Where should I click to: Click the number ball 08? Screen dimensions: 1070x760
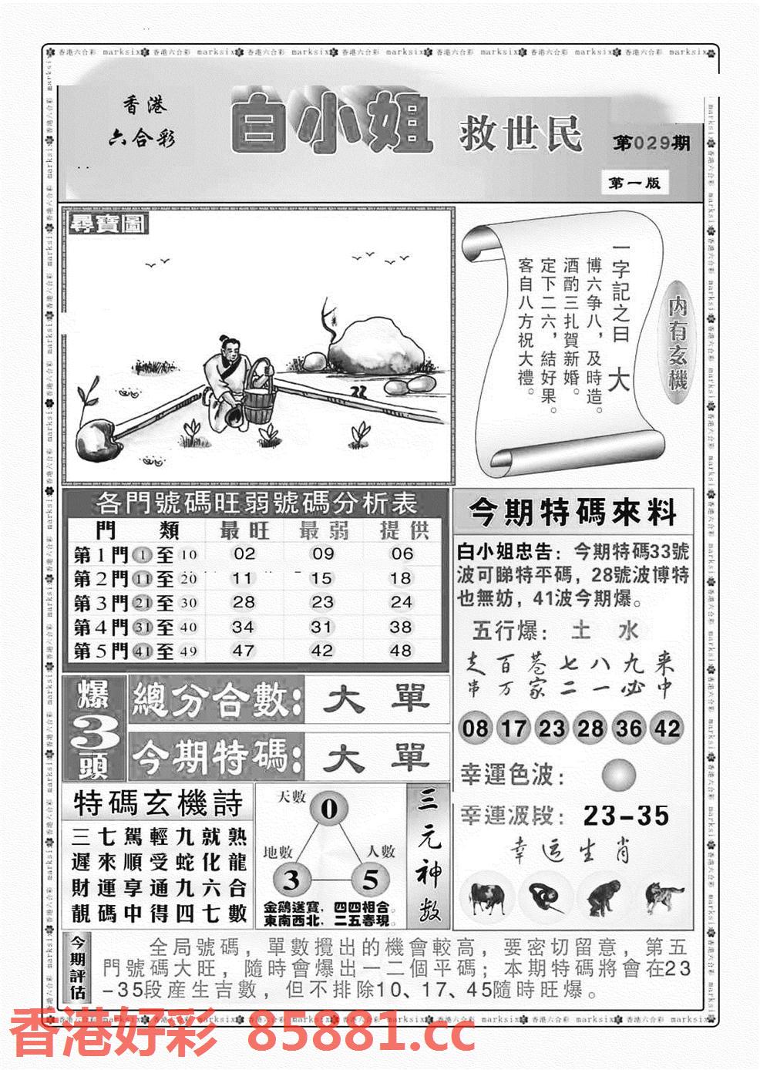pyautogui.click(x=476, y=728)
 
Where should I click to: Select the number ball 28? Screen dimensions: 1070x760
pyautogui.click(x=590, y=728)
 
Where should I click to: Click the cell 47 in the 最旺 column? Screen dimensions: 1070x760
pyautogui.click(x=244, y=651)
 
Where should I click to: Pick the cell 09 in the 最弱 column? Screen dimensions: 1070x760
pyautogui.click(x=323, y=554)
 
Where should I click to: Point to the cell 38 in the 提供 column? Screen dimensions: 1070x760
pyautogui.click(x=401, y=627)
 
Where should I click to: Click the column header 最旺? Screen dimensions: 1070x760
pyautogui.click(x=244, y=530)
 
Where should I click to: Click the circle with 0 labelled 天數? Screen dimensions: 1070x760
pyautogui.click(x=329, y=809)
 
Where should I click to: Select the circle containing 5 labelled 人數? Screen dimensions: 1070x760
pyautogui.click(x=371, y=879)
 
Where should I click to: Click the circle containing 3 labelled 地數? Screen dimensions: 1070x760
pyautogui.click(x=291, y=880)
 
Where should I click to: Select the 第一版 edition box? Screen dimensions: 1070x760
pyautogui.click(x=634, y=183)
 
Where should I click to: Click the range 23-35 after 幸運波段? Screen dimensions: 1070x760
pyautogui.click(x=626, y=816)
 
